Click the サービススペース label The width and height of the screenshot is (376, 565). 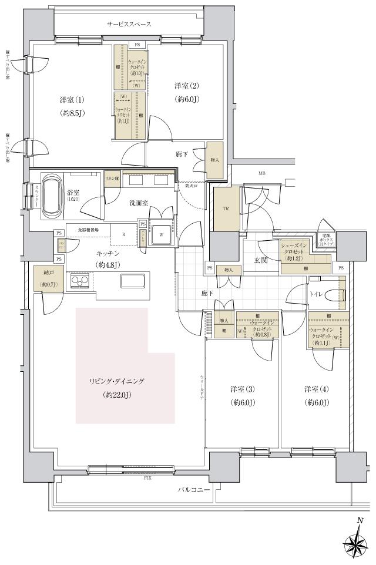[x=129, y=24]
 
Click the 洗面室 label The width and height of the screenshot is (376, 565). [x=138, y=203]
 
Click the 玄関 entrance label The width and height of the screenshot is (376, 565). [x=260, y=260]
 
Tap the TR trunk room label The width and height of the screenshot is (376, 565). [x=226, y=208]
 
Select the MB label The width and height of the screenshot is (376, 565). [x=261, y=173]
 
